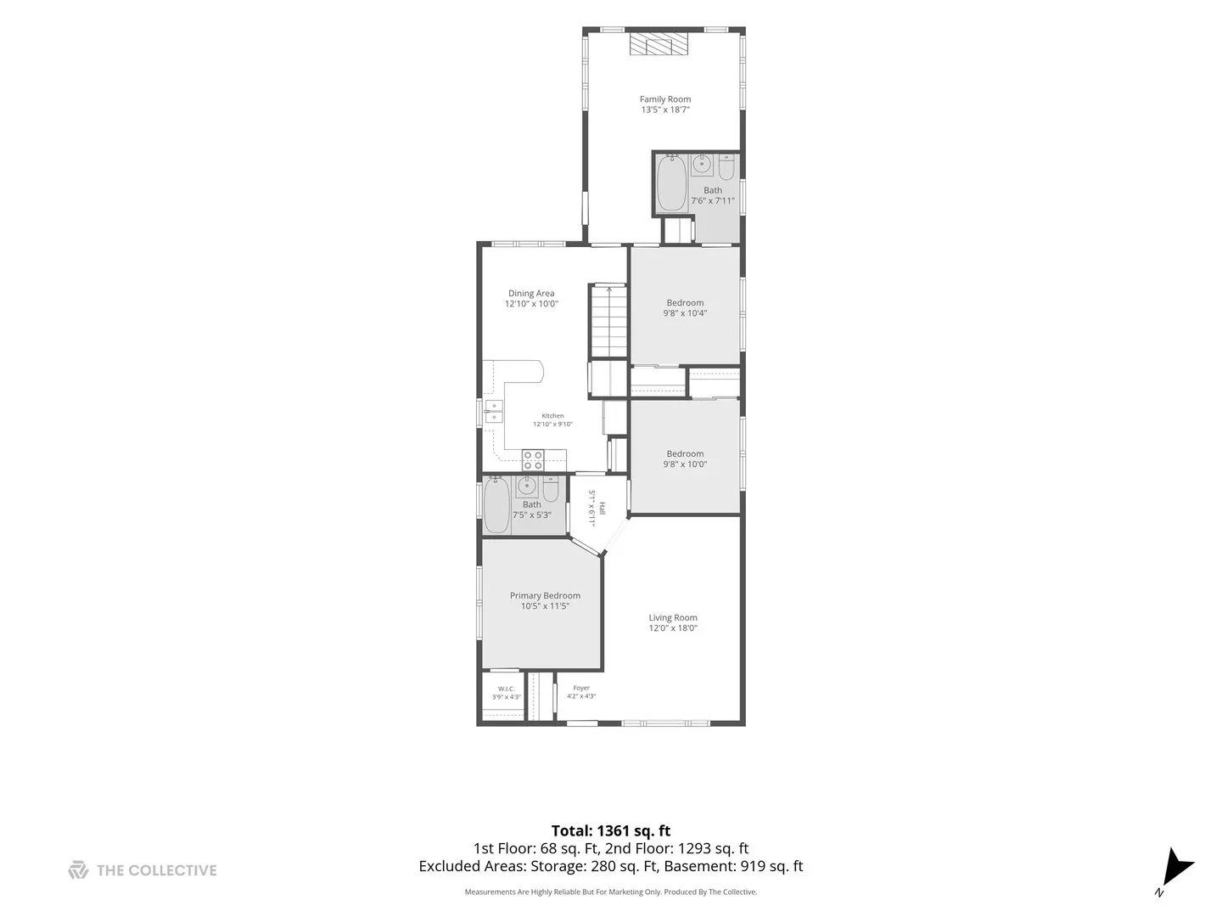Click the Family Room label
664,99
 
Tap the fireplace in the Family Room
659,44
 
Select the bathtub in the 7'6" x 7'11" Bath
671,183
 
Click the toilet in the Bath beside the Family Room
726,167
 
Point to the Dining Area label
531,294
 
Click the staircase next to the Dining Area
609,321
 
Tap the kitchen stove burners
533,460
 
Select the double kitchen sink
494,412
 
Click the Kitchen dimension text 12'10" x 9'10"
552,425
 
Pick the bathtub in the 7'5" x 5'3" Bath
496,505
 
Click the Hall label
602,509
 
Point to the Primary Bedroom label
545,596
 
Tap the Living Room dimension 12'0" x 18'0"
672,628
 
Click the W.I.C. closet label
506,689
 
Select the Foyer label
581,688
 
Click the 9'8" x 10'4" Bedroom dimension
685,313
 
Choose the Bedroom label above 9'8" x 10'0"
685,453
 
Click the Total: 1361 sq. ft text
611,830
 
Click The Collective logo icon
78,869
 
